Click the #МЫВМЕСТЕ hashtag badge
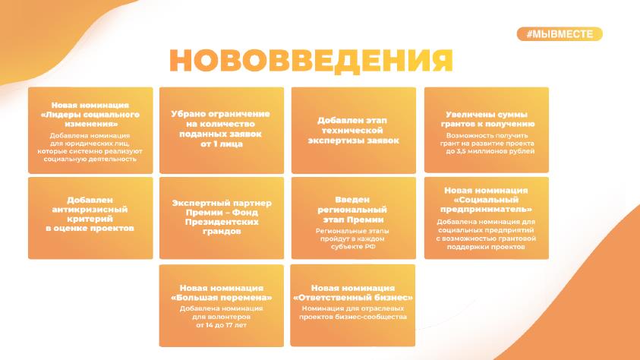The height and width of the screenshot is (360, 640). click(560, 34)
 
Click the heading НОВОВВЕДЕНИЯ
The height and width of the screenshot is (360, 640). click(311, 61)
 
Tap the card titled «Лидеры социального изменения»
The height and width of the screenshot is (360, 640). click(90, 130)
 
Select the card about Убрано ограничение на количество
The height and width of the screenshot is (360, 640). click(222, 130)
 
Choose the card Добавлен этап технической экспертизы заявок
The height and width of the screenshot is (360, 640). click(354, 130)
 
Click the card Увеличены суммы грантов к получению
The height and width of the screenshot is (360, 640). click(487, 130)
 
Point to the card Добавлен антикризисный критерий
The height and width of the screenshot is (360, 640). click(90, 218)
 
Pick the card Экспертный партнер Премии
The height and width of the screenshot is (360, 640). click(222, 218)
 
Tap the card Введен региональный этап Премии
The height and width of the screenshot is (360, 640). click(354, 218)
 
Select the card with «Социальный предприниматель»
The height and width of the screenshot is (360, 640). click(487, 218)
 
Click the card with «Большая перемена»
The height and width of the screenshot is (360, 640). click(222, 306)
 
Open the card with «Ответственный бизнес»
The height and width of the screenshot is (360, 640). click(353, 305)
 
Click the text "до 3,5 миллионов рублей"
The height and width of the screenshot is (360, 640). click(490, 151)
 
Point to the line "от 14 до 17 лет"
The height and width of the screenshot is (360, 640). click(221, 325)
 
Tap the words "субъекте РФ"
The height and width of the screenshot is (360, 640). click(354, 247)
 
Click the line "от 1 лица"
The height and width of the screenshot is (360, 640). click(222, 144)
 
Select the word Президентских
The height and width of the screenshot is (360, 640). click(222, 222)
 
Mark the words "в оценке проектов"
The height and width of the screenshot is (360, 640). click(90, 228)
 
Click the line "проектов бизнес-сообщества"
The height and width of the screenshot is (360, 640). click(353, 317)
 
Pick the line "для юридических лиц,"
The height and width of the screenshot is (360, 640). click(90, 144)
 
